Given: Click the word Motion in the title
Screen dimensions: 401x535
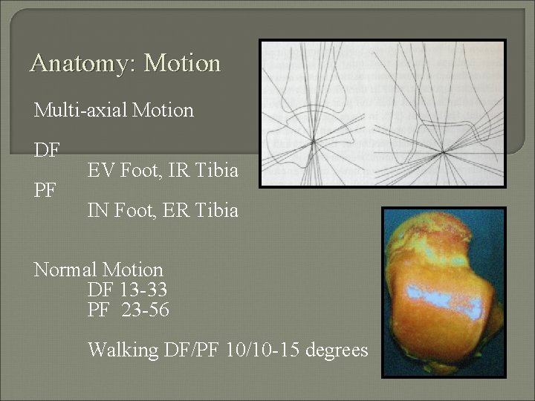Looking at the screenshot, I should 182,63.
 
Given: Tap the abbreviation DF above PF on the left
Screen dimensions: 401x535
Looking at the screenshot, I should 47,151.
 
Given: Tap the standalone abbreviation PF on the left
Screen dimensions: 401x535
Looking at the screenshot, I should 45,191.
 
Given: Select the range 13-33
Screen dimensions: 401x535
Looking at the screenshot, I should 141,290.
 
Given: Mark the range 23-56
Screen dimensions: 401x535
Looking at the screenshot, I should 145,310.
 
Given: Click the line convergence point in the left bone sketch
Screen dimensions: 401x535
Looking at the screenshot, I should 313,139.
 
